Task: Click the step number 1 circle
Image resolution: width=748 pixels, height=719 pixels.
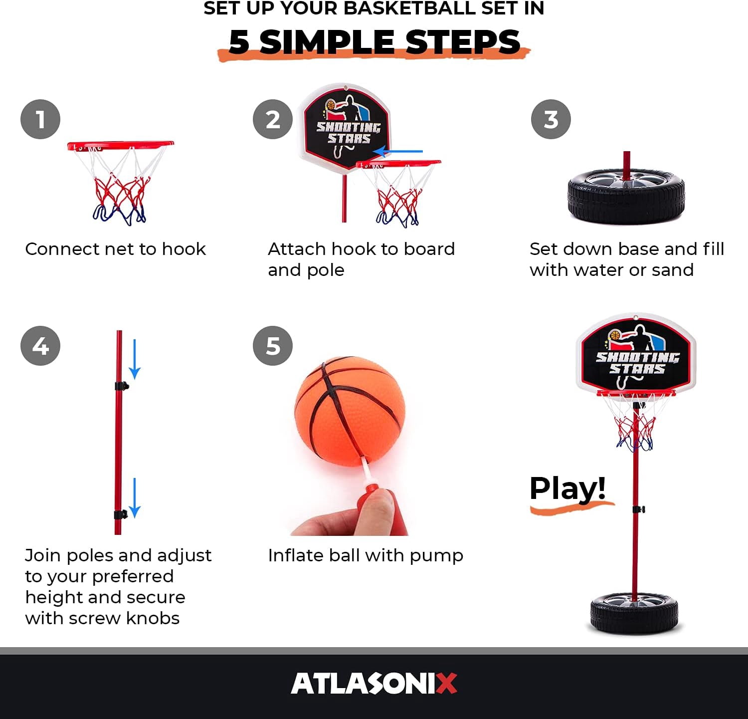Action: [x=40, y=120]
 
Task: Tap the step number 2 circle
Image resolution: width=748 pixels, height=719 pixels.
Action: [x=273, y=120]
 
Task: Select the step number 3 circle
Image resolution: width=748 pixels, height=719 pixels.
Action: [x=551, y=120]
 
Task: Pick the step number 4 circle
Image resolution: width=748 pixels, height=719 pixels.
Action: [x=40, y=346]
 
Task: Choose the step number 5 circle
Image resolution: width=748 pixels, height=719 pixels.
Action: [x=273, y=346]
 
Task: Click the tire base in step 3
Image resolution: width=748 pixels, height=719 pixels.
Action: [x=626, y=196]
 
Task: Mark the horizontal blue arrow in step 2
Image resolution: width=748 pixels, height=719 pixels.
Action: [x=398, y=151]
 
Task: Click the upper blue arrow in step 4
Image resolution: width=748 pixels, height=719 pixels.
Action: [x=135, y=359]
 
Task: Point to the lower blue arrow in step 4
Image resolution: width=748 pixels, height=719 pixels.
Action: [x=135, y=498]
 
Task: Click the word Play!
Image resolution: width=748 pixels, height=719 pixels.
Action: [x=567, y=489]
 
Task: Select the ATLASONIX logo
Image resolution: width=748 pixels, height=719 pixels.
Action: [x=374, y=683]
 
